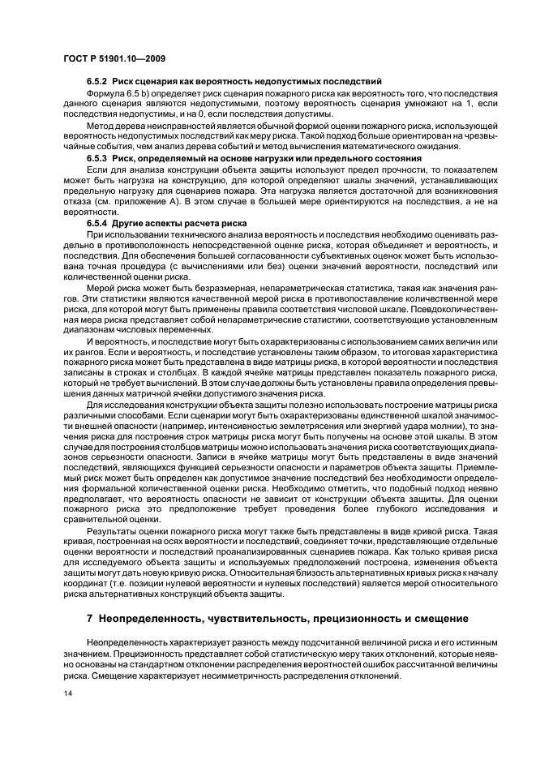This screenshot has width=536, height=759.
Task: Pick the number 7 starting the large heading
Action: (x=90, y=618)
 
